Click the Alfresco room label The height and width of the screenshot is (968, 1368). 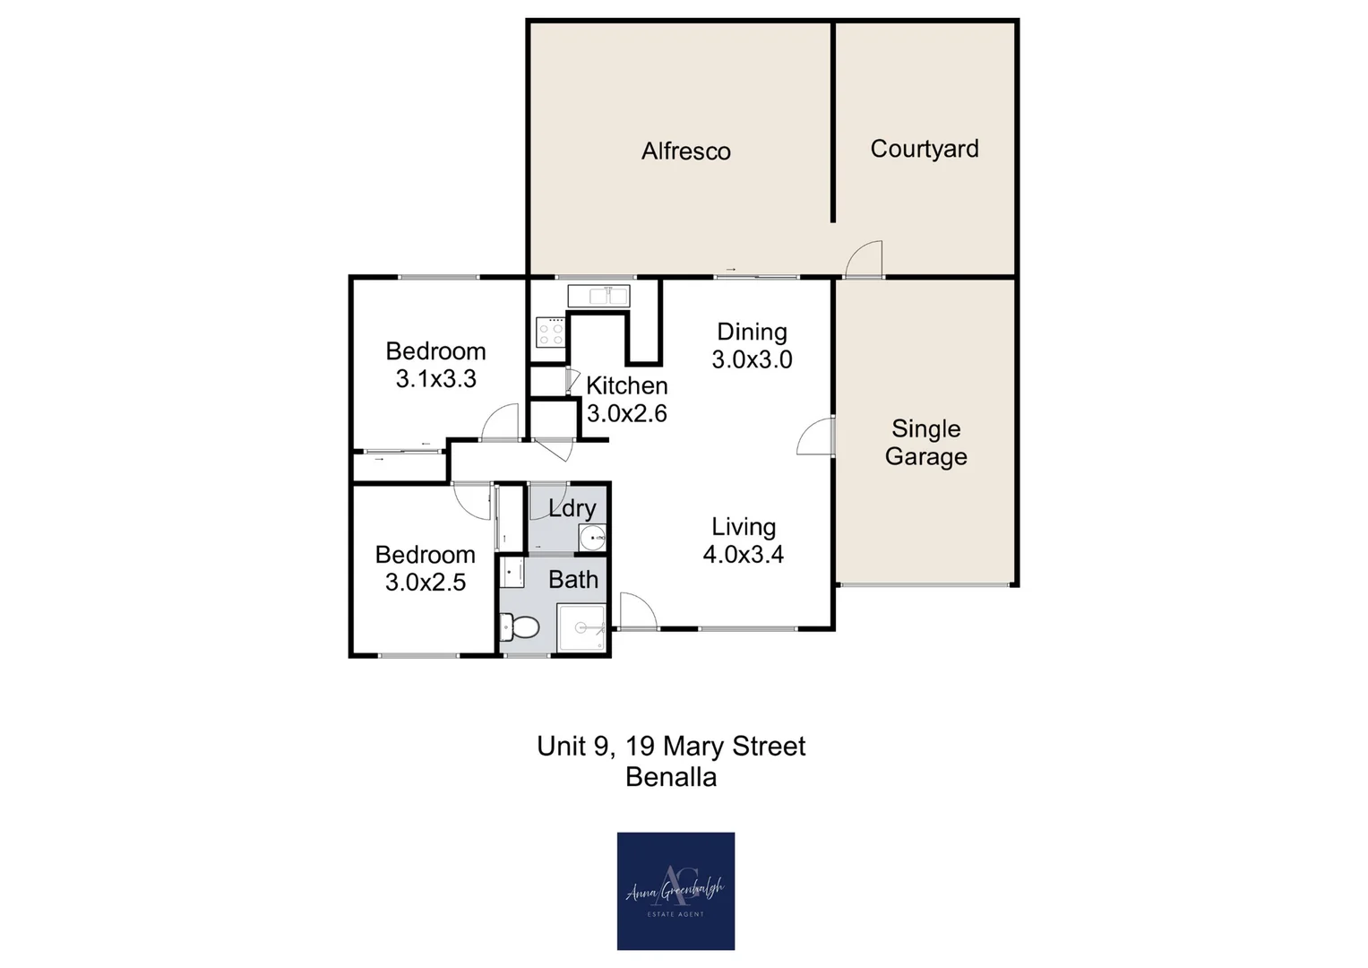pos(685,151)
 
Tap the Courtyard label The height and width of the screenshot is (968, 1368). pos(924,149)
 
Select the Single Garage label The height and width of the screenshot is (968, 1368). pos(925,443)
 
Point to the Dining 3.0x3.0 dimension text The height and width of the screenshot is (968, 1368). pos(752,360)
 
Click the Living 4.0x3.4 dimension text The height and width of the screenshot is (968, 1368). pos(743,555)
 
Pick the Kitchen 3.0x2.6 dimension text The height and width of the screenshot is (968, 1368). pos(626,413)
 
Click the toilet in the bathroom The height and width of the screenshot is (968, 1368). pos(521,627)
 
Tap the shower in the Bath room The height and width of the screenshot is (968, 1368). pos(581,627)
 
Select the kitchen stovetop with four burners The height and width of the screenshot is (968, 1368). pos(549,332)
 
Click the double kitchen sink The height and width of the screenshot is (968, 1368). pos(598,295)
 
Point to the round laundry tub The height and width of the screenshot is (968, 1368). pos(592,538)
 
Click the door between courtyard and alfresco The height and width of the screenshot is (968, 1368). pos(865,260)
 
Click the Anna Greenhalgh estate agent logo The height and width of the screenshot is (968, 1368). pos(675,891)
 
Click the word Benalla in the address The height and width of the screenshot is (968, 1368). pos(671,777)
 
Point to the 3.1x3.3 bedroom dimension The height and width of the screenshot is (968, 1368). pos(435,379)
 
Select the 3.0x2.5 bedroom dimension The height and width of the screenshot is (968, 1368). pos(425,583)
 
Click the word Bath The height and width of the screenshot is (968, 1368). pos(572,580)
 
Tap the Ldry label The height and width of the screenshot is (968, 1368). pos(572,508)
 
